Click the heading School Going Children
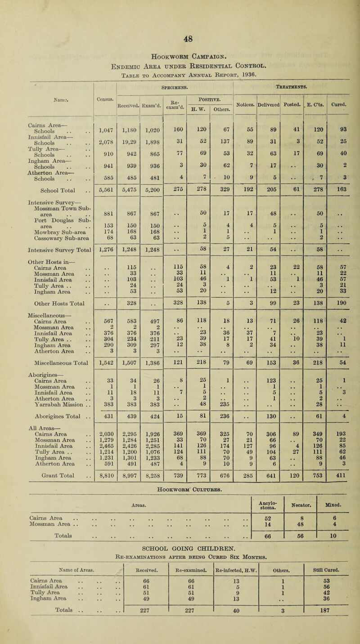[180, 549]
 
